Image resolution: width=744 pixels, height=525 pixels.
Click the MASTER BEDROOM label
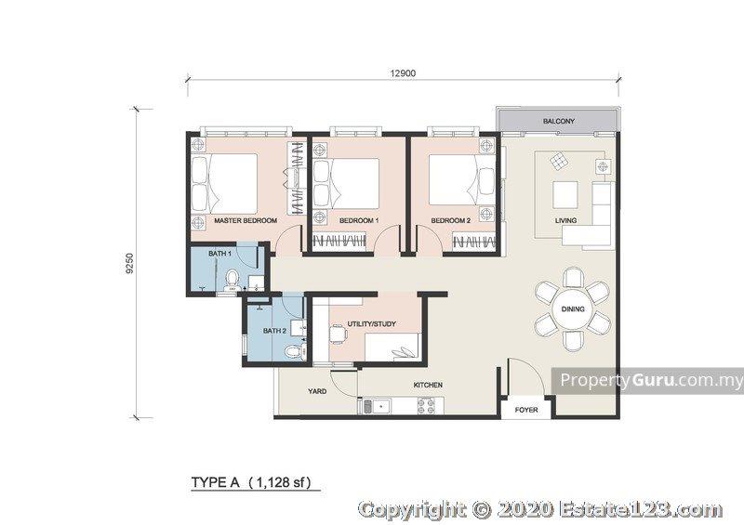[246, 220]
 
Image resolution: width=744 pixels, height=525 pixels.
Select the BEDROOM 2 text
[451, 220]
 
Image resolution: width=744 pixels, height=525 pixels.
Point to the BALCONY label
[559, 122]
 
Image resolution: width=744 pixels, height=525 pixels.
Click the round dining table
[573, 309]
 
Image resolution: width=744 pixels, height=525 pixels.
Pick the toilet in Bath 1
[232, 280]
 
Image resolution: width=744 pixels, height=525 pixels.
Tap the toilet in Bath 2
[294, 351]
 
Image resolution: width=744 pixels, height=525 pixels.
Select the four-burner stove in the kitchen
[426, 405]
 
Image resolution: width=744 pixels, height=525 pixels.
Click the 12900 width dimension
[403, 73]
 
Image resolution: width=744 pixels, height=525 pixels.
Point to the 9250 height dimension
[131, 264]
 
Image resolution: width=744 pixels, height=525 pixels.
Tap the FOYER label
[526, 410]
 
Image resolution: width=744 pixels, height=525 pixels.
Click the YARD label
[317, 391]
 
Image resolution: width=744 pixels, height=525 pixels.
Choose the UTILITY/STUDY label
[371, 324]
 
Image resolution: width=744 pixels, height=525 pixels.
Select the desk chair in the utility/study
[339, 334]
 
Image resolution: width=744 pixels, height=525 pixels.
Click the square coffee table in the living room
[565, 195]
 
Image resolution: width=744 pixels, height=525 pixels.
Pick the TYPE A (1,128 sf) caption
[251, 483]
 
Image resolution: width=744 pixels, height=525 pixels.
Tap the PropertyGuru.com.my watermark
[652, 380]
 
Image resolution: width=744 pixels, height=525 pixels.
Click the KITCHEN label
[428, 385]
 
